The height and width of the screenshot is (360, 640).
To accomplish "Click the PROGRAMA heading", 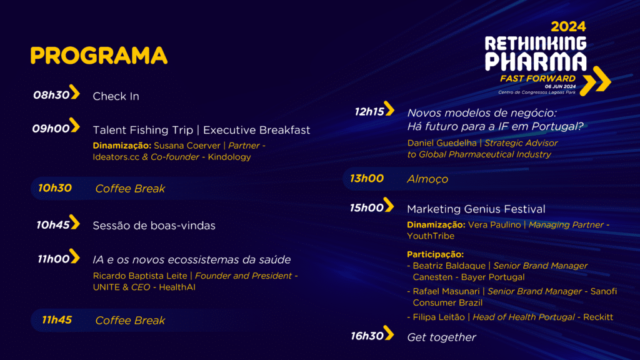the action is [99, 56].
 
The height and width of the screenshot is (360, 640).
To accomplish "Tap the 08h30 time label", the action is [51, 95].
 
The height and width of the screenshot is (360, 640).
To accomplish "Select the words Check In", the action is [116, 96].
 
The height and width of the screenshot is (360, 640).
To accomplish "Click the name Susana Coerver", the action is [187, 146].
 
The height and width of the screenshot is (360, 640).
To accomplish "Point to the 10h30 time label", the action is [55, 188].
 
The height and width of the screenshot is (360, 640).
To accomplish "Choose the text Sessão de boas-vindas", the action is [154, 226].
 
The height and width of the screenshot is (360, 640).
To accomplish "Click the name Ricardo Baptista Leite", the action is [140, 276].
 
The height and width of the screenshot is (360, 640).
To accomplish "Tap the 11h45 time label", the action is [57, 320].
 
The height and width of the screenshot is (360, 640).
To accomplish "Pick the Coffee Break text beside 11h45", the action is [130, 321].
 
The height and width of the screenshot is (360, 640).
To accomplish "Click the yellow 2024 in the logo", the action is [568, 27].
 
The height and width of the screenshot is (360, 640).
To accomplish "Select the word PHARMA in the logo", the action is [536, 62].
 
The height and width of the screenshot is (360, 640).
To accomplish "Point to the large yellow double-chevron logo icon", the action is [596, 81].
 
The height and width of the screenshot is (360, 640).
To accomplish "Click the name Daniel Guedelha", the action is [442, 143].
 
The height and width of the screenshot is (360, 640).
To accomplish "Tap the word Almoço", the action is [427, 179].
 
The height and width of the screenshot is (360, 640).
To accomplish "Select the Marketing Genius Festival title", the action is [476, 209].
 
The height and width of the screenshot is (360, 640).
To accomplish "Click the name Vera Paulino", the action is [494, 225].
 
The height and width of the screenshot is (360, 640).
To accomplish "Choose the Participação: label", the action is [435, 254].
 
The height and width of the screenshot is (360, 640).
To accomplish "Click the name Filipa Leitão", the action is [439, 317].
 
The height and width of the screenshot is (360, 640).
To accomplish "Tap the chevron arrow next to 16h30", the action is [389, 333].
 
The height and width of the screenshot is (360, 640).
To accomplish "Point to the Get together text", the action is [441, 337].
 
